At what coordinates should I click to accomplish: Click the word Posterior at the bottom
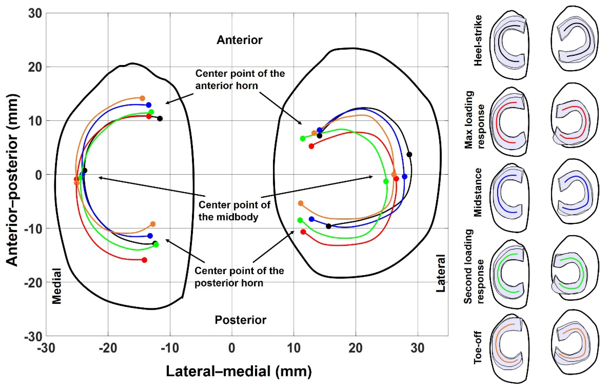coord(240,320)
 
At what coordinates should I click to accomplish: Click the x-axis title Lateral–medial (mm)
coord(239,371)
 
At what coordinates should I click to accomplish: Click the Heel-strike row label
coord(478,41)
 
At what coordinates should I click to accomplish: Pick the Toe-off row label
coord(478,348)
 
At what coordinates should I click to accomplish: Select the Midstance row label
coord(478,192)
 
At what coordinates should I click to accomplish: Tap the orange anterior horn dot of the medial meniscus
coord(142,98)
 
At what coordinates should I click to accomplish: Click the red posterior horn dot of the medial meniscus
coord(144,260)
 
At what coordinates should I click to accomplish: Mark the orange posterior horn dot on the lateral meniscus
coord(301,203)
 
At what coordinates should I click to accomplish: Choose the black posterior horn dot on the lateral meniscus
coord(328,226)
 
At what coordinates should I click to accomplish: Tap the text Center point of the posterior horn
coord(239,277)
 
